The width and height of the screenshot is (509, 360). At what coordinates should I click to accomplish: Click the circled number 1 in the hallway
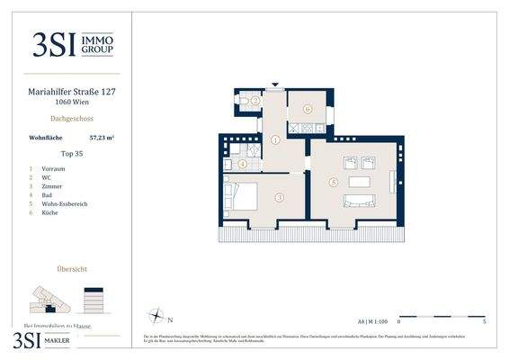point(275,140)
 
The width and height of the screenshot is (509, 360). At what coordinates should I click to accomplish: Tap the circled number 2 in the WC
point(255,101)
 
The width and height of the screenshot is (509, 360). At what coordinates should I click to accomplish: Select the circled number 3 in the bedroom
point(280,197)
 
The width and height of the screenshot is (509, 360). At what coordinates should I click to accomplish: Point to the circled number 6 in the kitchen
point(307,109)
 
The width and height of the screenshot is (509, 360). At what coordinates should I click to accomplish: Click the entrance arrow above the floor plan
point(276,87)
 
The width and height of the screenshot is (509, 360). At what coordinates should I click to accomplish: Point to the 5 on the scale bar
point(485,321)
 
